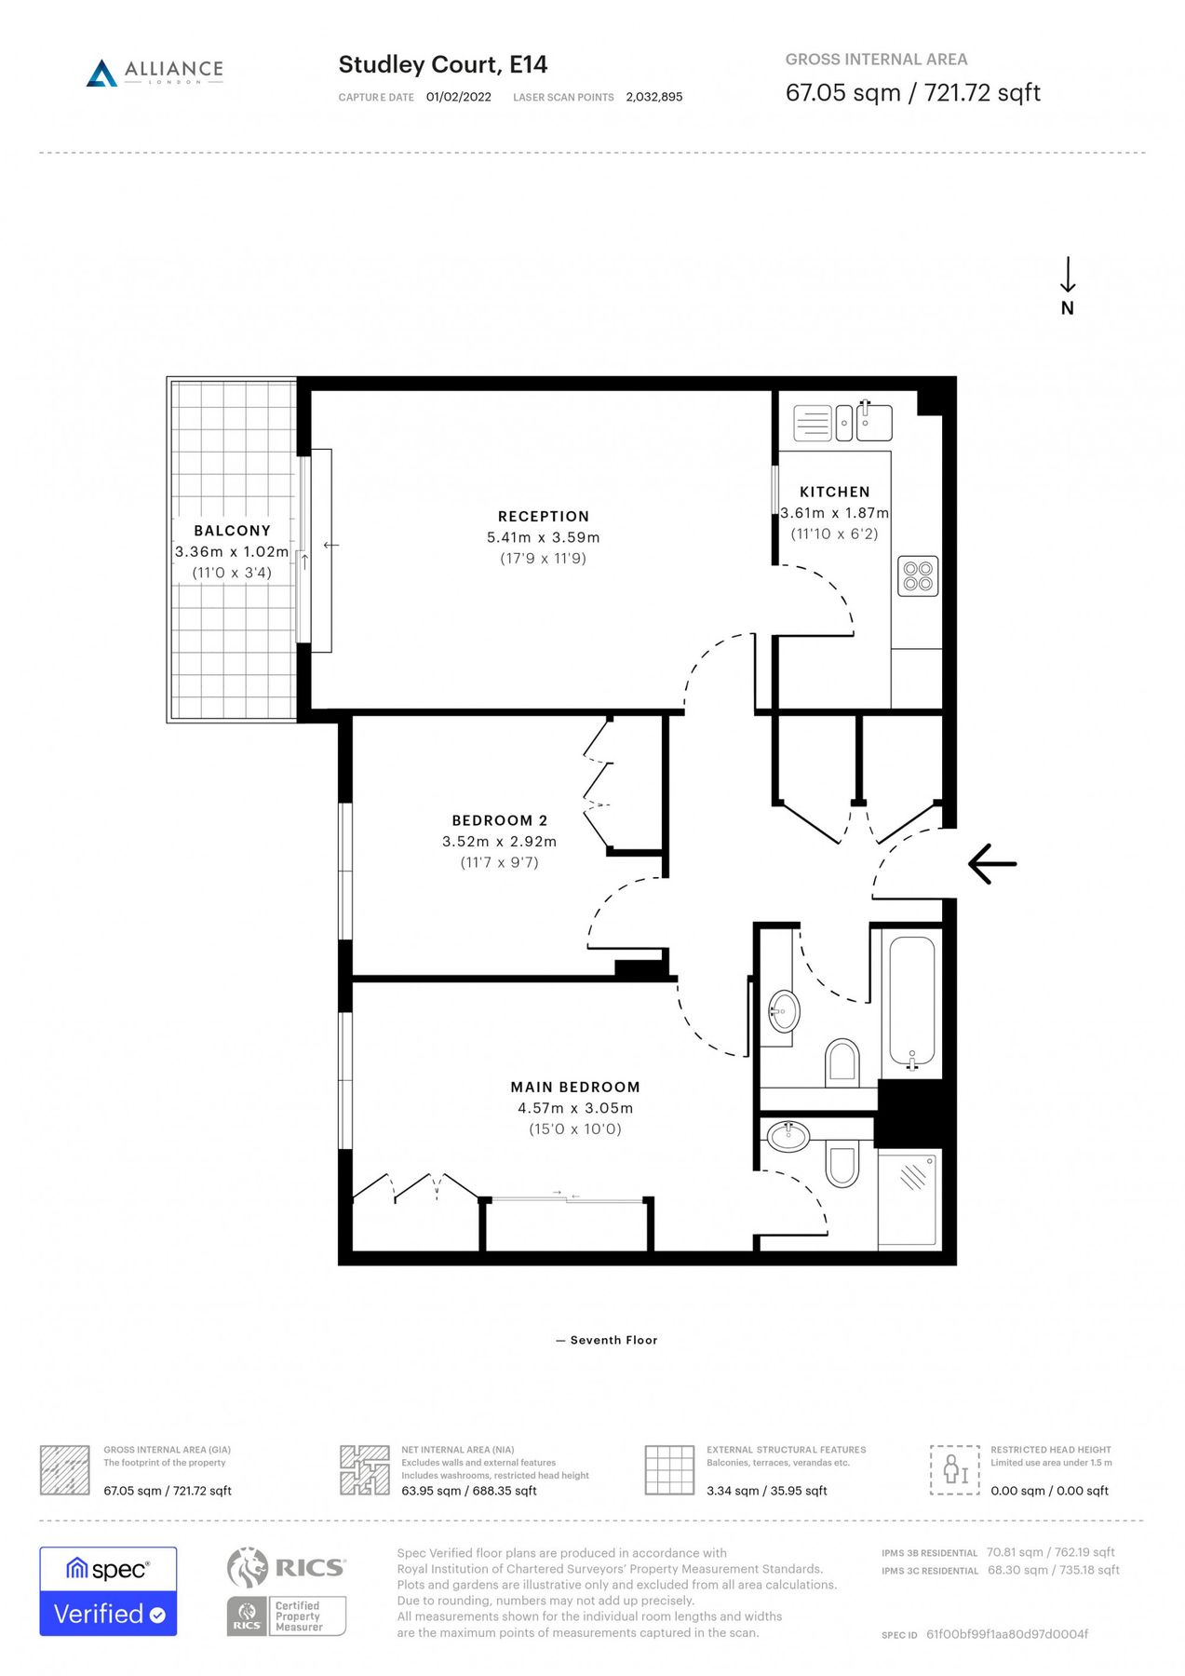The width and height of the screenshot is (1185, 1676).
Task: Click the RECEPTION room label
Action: click(x=543, y=517)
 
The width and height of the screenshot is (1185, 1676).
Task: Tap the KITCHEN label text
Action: click(x=834, y=492)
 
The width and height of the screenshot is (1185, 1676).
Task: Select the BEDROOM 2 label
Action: click(x=499, y=820)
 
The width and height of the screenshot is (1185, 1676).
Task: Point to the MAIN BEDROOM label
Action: click(x=574, y=1087)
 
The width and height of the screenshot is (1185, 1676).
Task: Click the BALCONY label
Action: click(x=232, y=531)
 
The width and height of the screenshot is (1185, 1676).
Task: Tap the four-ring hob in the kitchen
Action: click(x=918, y=575)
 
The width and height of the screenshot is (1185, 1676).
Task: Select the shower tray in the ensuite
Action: click(x=908, y=1197)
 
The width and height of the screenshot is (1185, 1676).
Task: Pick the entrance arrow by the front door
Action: click(x=992, y=864)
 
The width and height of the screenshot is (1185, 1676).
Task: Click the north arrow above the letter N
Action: click(x=1068, y=275)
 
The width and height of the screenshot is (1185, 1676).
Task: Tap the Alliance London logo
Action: click(x=155, y=72)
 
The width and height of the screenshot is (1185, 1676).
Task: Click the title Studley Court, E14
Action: click(x=442, y=64)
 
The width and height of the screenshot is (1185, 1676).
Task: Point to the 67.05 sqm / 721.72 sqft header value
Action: click(x=912, y=93)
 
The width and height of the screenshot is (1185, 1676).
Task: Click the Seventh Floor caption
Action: click(x=613, y=1340)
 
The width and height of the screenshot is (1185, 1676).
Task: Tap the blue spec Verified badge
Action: click(x=108, y=1591)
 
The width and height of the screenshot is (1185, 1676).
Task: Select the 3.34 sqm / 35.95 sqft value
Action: click(x=766, y=1491)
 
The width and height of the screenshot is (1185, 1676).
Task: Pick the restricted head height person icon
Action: click(x=954, y=1469)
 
